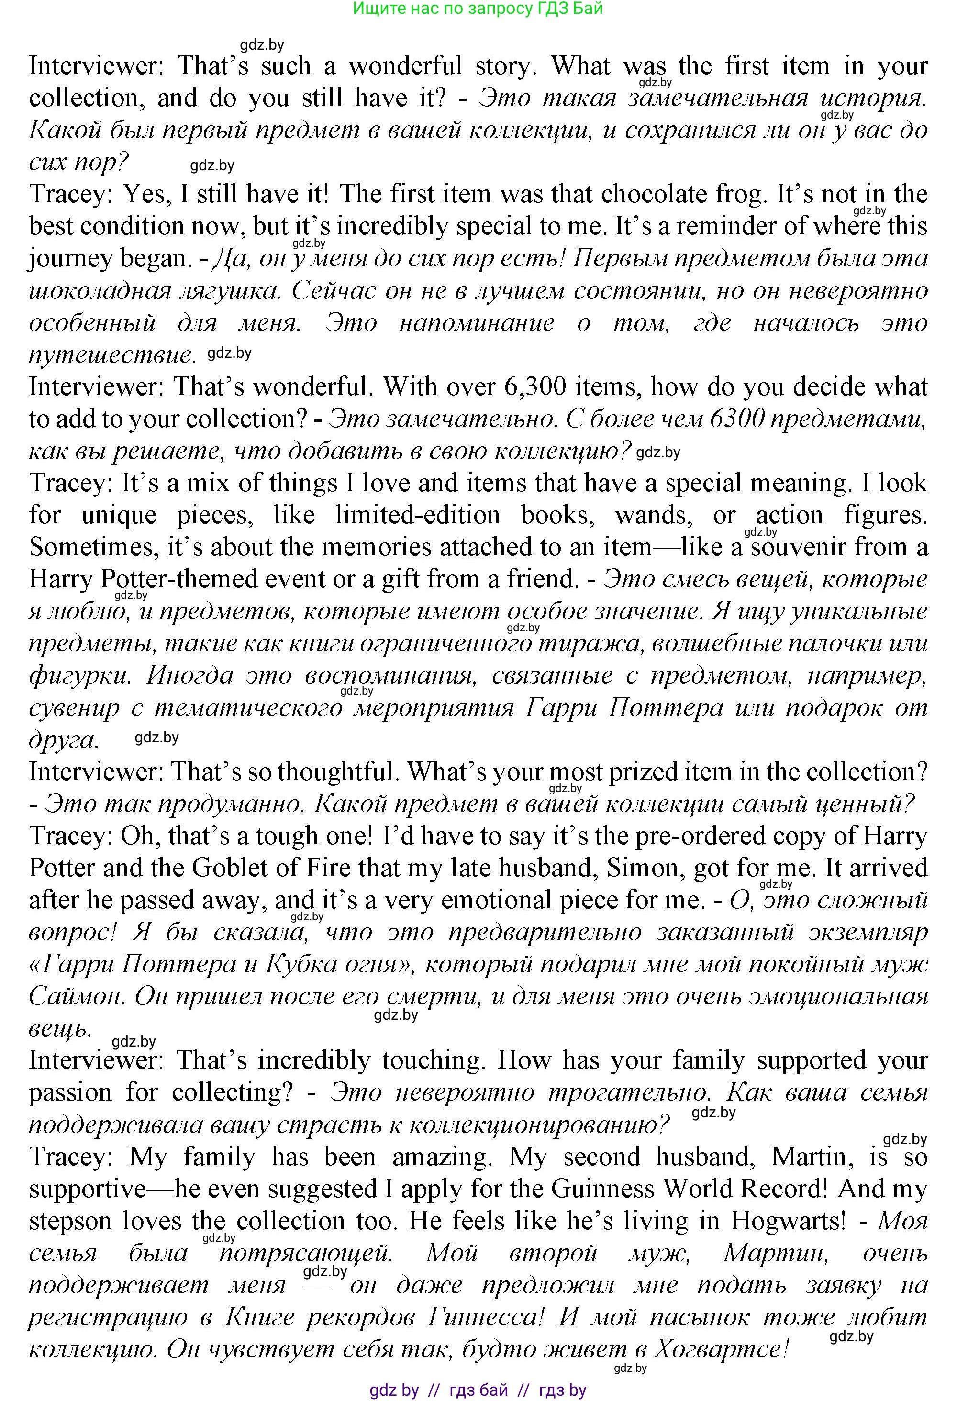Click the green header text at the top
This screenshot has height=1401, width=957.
[x=478, y=9]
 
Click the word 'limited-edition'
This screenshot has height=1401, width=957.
[x=418, y=515]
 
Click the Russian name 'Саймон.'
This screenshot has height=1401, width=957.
[x=76, y=996]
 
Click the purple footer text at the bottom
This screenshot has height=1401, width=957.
[x=478, y=1390]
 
